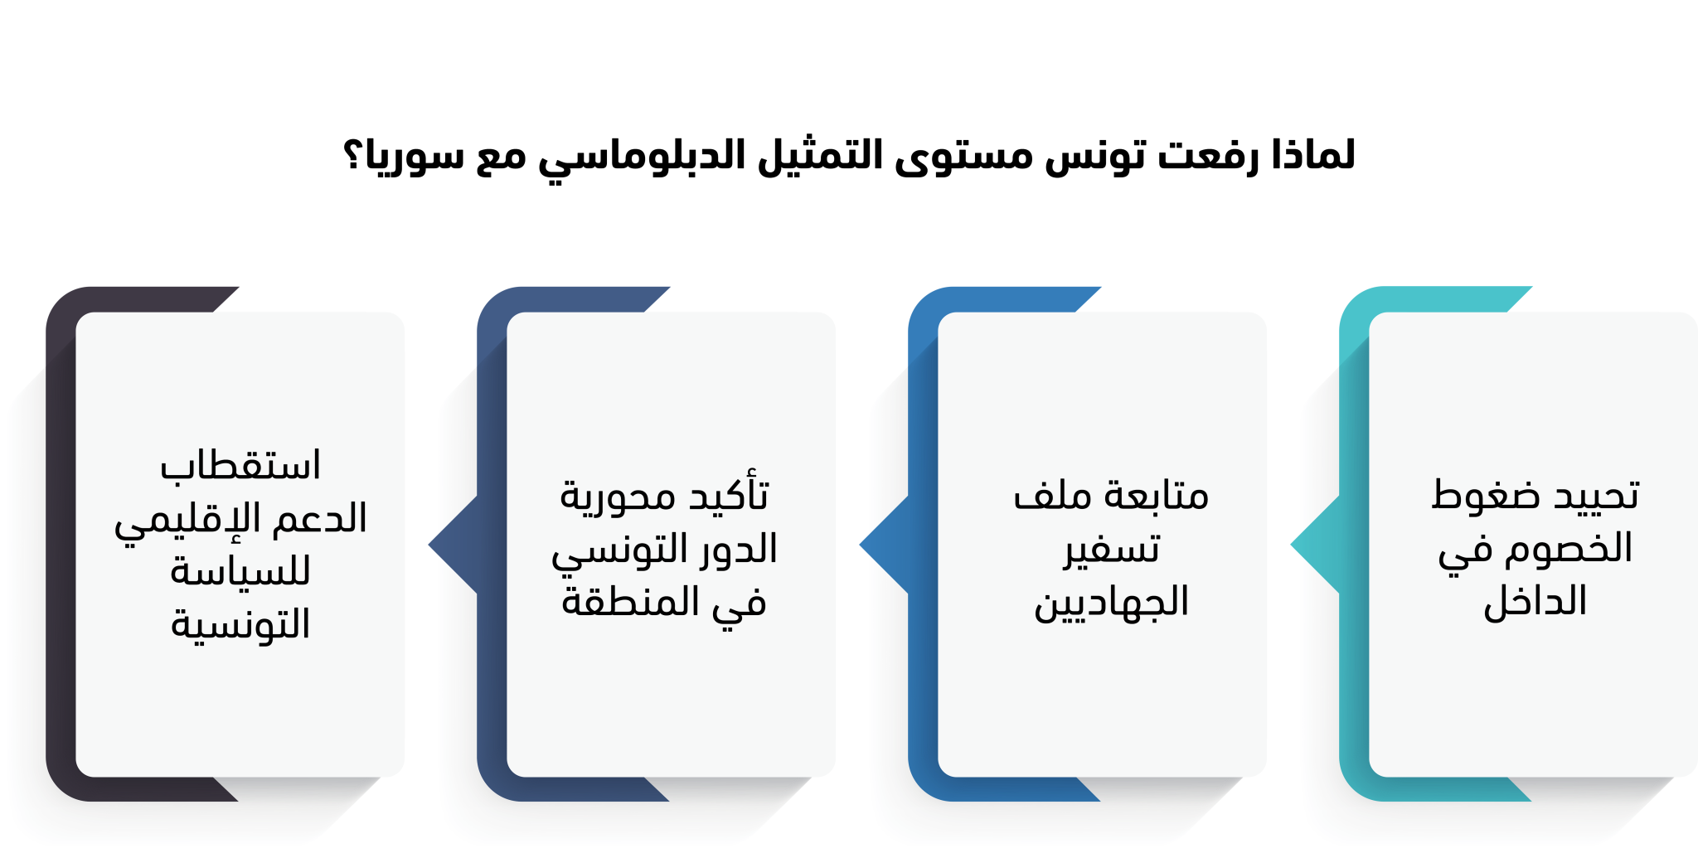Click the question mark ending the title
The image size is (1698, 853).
352,155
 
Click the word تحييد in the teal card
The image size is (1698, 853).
1596,495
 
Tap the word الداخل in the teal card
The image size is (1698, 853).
1535,600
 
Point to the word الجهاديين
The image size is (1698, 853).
1111,602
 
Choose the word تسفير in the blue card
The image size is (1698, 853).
1112,550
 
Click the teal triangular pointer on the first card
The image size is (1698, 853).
1315,545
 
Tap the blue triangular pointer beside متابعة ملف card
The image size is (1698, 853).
884,545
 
